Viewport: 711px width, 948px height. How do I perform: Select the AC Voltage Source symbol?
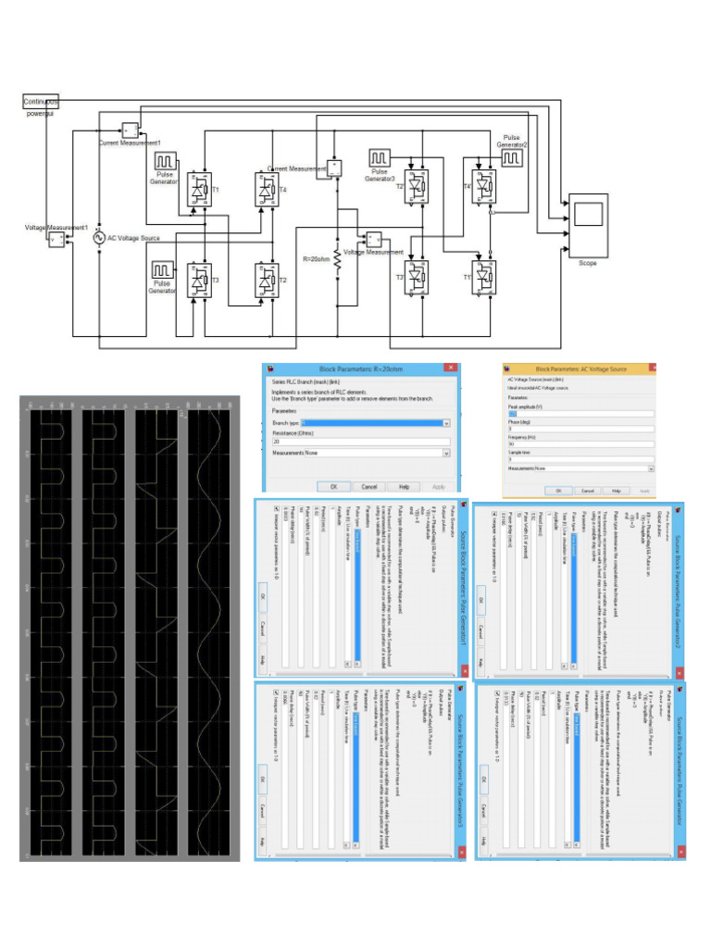[x=98, y=238]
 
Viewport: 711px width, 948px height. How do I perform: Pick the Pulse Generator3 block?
[x=380, y=158]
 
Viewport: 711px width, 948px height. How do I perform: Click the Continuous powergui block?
[x=40, y=101]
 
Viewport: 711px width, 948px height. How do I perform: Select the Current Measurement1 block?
[x=130, y=130]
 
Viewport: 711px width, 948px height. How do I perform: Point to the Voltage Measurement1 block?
[x=56, y=240]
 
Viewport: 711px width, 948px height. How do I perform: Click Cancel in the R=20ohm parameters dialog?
[x=368, y=486]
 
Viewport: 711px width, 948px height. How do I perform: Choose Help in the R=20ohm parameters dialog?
[x=404, y=486]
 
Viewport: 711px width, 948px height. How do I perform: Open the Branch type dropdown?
[x=361, y=423]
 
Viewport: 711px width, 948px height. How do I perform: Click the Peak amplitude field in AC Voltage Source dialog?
[x=579, y=414]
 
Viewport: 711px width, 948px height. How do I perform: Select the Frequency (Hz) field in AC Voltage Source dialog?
[x=579, y=443]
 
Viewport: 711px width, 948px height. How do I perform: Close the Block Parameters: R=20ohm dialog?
[x=450, y=368]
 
